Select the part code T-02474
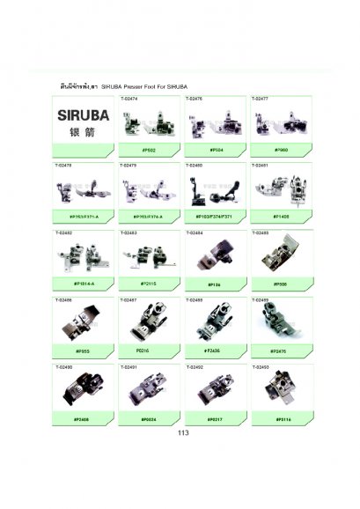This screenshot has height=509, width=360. (x=130, y=100)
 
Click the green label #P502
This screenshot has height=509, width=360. (x=151, y=151)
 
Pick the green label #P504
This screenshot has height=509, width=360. (x=217, y=151)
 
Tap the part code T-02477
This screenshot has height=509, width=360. (x=262, y=100)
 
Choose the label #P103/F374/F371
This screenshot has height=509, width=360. (x=217, y=216)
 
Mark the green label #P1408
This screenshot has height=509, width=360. (x=283, y=216)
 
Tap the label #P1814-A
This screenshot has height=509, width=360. (x=84, y=283)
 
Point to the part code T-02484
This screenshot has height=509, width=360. (x=196, y=232)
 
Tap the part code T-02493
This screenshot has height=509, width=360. (x=262, y=366)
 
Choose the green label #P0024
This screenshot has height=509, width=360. (x=151, y=418)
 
